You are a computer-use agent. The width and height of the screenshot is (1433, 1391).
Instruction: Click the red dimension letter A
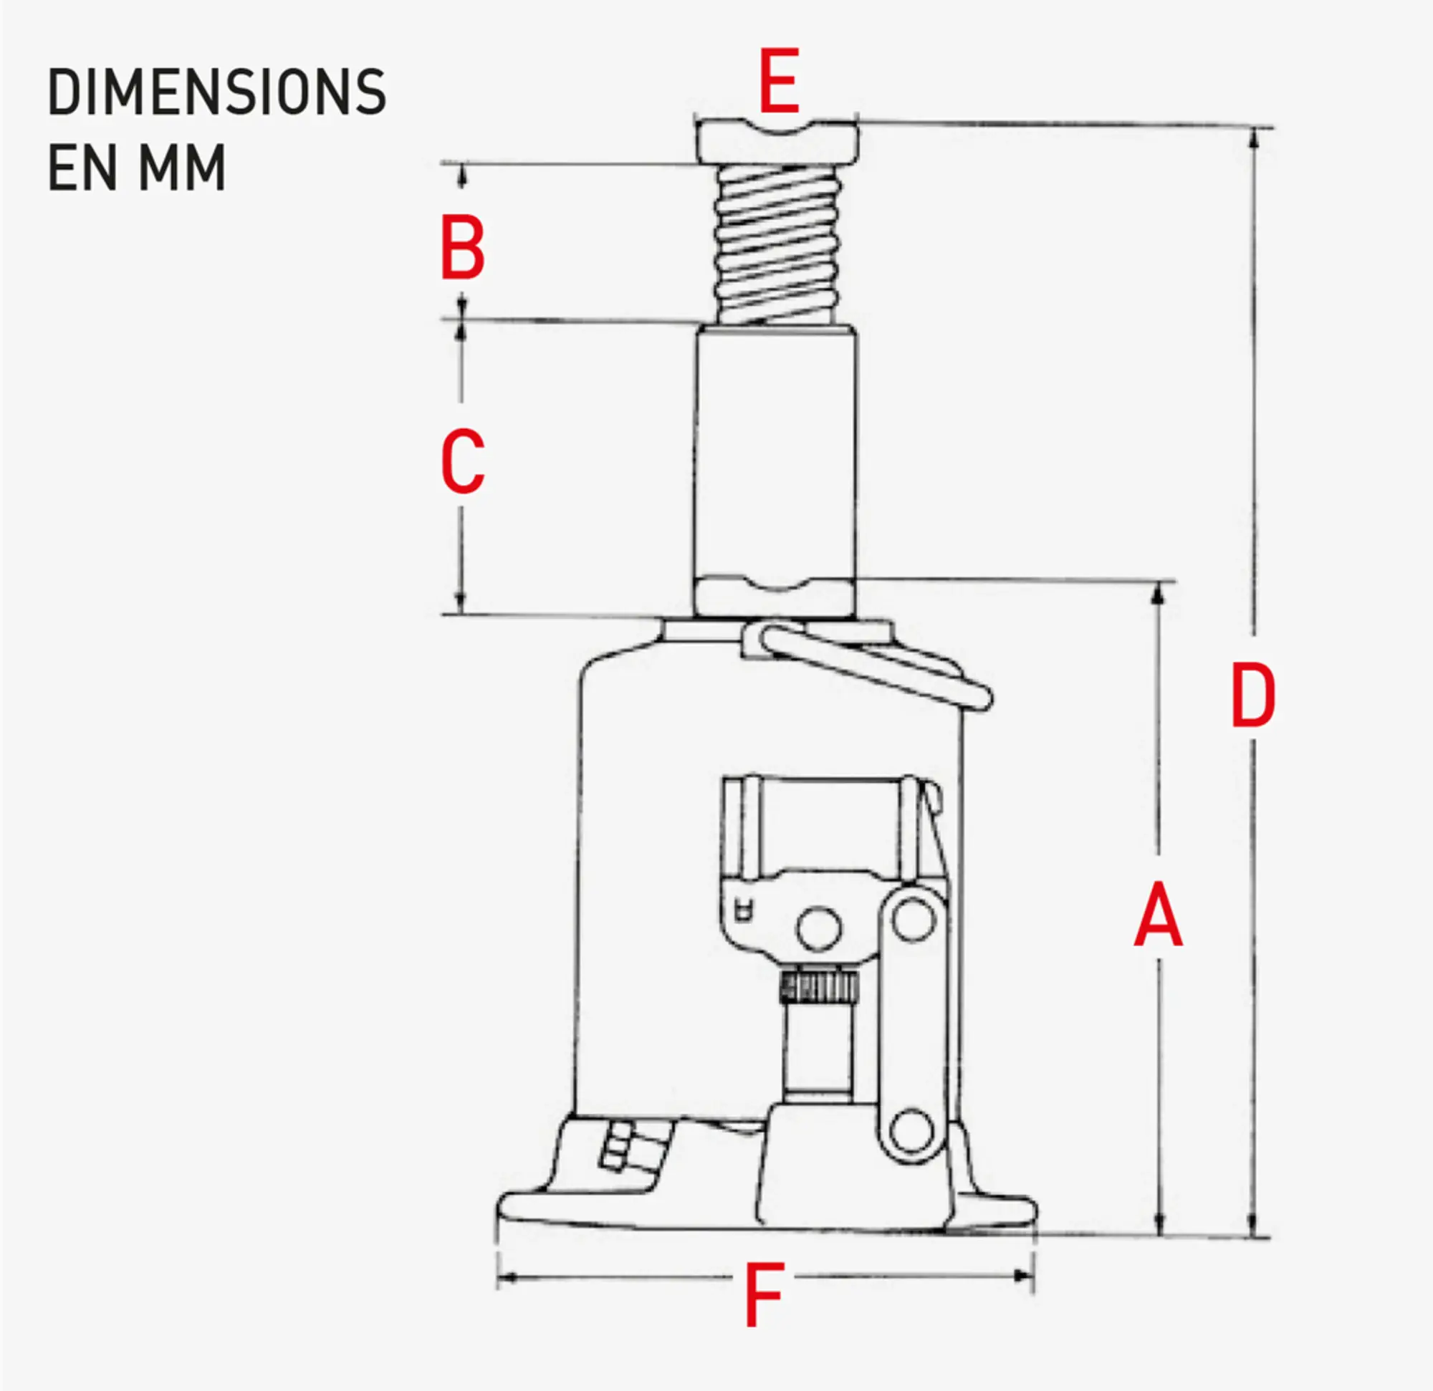(1157, 915)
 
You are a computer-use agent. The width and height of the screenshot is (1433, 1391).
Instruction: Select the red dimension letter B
(462, 248)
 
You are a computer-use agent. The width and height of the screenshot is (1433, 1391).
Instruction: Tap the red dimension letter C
(462, 461)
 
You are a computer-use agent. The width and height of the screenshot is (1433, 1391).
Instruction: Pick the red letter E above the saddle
(779, 80)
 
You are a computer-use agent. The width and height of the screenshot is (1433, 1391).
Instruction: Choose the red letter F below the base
(764, 1294)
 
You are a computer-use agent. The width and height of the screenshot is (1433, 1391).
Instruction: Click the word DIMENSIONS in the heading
(216, 92)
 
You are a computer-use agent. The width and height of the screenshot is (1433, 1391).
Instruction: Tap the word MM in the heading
(182, 168)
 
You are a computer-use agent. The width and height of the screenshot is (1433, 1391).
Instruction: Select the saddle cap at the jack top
(777, 142)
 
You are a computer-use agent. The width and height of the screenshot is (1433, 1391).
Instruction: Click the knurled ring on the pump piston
(819, 987)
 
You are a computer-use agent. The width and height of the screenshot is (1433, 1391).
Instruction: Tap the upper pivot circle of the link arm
(914, 920)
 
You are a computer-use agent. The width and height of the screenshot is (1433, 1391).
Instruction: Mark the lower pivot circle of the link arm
(911, 1131)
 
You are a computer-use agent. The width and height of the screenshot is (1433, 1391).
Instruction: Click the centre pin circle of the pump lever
(818, 929)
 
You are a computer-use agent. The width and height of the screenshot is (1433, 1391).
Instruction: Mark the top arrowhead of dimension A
(1157, 595)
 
